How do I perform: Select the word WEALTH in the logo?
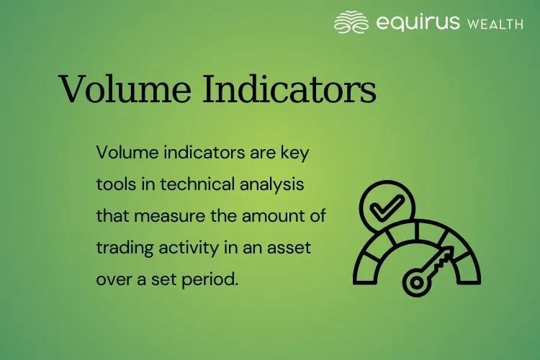pyautogui.click(x=495, y=24)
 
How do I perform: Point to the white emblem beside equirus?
pyautogui.click(x=351, y=22)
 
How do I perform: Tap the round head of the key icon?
pyautogui.click(x=416, y=282)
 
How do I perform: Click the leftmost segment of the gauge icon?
pyautogui.click(x=366, y=266)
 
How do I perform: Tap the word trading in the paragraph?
pyautogui.click(x=120, y=247)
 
